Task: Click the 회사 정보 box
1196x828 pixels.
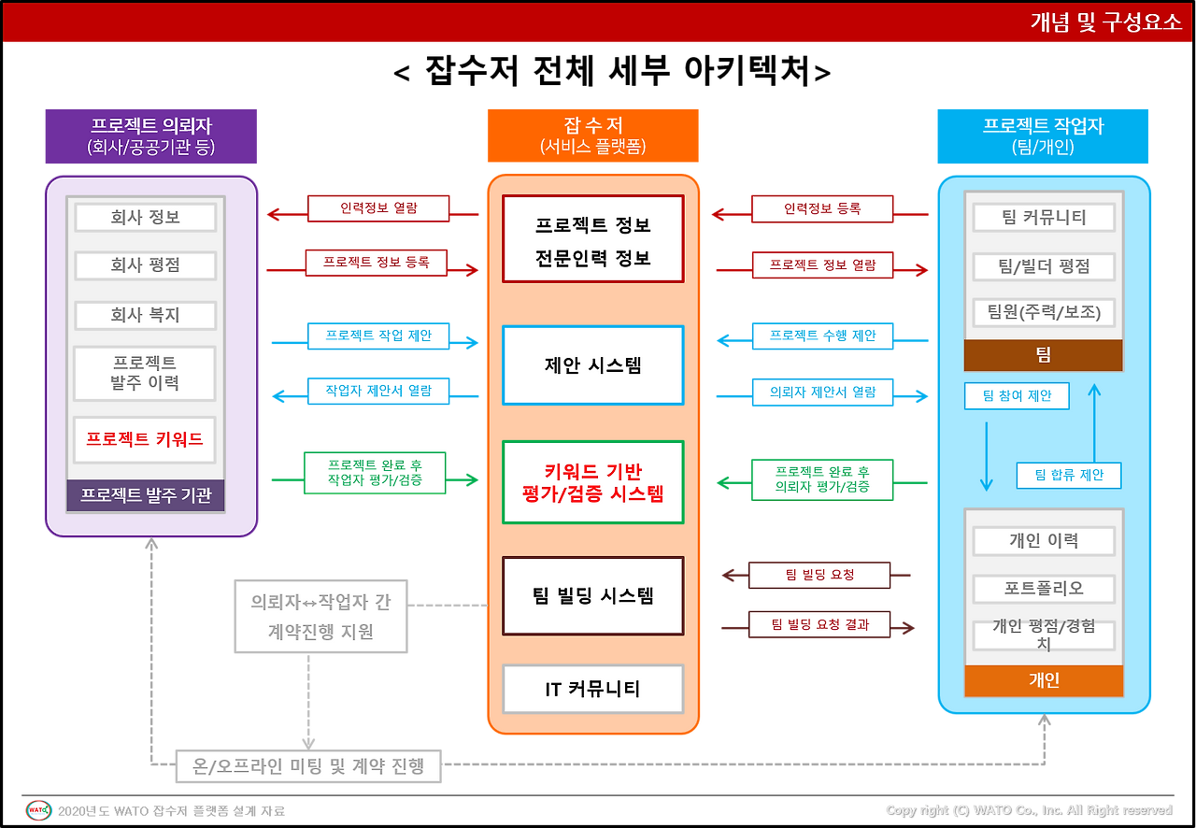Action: coord(145,218)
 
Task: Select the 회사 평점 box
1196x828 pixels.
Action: coord(145,265)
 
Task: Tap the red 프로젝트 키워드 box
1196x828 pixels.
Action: coord(145,439)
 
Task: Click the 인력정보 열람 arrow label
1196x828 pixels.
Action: coord(378,208)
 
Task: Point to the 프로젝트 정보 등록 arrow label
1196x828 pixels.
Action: coord(377,263)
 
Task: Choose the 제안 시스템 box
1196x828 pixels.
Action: coord(592,365)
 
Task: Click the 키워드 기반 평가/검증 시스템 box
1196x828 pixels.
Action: coord(592,482)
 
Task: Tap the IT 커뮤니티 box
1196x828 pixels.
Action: coord(592,690)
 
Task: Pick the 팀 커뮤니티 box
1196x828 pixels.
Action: coord(1044,218)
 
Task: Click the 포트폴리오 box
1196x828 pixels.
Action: coord(1044,589)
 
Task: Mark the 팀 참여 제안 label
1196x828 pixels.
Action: coord(1017,395)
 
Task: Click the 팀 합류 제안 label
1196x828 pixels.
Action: coord(1069,475)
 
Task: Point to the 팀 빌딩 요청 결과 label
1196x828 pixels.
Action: coord(819,624)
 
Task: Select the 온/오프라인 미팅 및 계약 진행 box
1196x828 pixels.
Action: coord(308,766)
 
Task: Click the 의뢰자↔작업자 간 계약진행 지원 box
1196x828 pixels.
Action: coord(320,617)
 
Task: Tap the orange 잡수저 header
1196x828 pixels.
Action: coord(592,136)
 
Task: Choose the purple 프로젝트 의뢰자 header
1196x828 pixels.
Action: coord(150,136)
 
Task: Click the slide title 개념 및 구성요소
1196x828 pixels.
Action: coord(1106,23)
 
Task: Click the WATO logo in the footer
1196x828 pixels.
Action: coord(38,809)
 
